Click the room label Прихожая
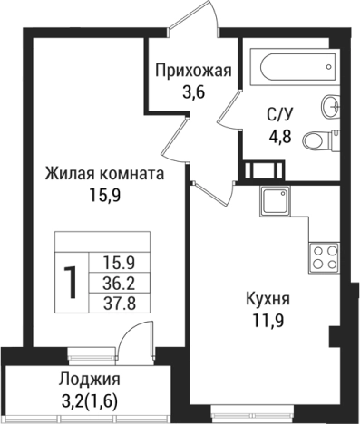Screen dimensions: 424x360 pyautogui.click(x=193, y=71)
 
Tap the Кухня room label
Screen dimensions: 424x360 pyautogui.click(x=268, y=298)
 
